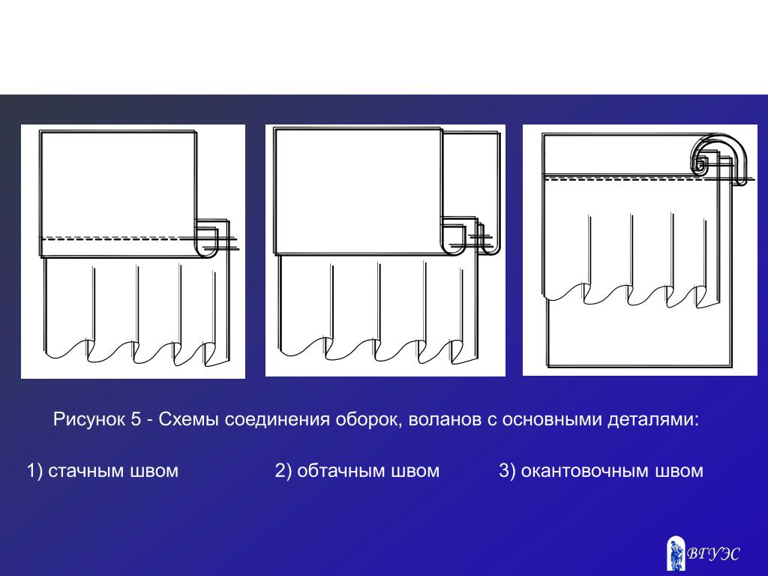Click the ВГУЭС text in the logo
(713, 554)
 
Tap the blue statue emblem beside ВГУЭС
(676, 553)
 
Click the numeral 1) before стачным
(34, 471)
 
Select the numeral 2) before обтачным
(283, 471)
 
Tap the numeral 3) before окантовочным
(507, 471)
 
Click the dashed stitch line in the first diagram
(118, 238)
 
